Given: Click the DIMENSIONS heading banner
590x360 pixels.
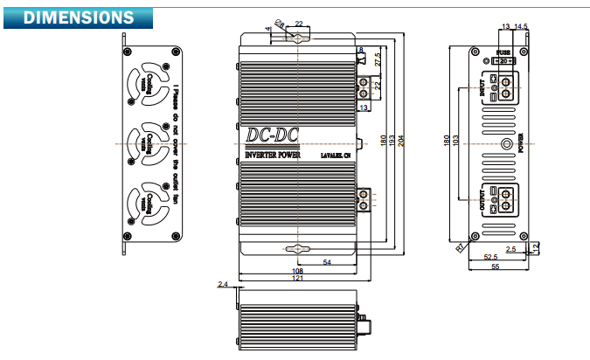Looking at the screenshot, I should point(79,17).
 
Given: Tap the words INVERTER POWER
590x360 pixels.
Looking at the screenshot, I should point(272,156).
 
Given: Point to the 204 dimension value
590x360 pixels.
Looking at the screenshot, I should point(401,142).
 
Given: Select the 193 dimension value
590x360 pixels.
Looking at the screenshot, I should point(392,142).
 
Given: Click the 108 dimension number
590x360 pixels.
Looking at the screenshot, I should point(297,271).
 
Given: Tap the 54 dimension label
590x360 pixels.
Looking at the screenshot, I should point(326,261).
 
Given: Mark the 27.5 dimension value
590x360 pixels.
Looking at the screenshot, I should point(378,61).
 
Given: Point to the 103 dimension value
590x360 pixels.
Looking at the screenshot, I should point(455,142).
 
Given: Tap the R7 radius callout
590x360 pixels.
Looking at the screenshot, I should point(460,247).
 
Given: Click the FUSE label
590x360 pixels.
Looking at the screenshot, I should point(503,52).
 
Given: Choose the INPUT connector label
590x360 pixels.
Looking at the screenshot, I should point(482,88).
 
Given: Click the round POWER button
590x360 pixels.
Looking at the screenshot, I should point(505,143).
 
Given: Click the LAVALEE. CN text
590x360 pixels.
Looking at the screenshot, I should point(336,156).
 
